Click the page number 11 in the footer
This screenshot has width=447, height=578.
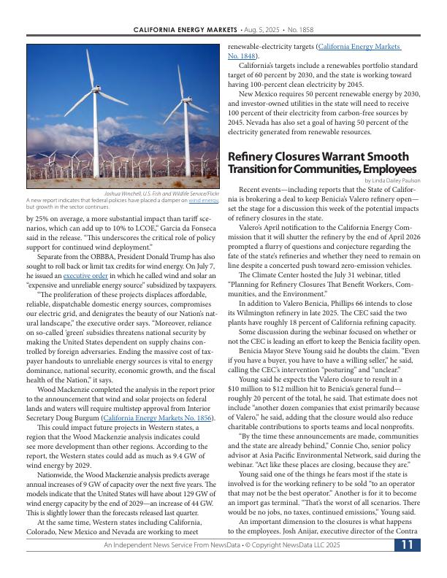pyautogui.click(x=408, y=545)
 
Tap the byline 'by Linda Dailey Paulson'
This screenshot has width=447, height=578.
pyautogui.click(x=392, y=180)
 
